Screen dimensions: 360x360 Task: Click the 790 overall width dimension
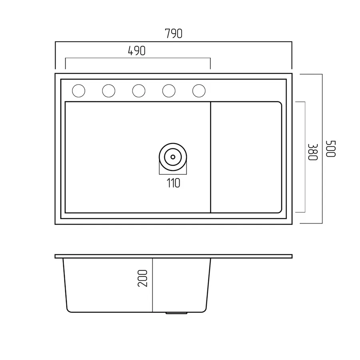click(x=174, y=34)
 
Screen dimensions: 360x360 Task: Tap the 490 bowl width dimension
click(x=137, y=51)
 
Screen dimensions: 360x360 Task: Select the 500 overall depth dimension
click(x=331, y=148)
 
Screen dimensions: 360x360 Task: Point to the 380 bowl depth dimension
click(x=312, y=152)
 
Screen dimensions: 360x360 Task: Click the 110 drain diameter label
click(x=173, y=183)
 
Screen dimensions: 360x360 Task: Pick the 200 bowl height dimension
click(x=142, y=278)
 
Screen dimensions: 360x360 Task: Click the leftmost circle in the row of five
click(x=78, y=91)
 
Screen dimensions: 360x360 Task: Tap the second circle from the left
click(x=108, y=91)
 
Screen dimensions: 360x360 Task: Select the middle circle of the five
click(x=139, y=91)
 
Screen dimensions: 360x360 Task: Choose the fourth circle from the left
click(x=169, y=91)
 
